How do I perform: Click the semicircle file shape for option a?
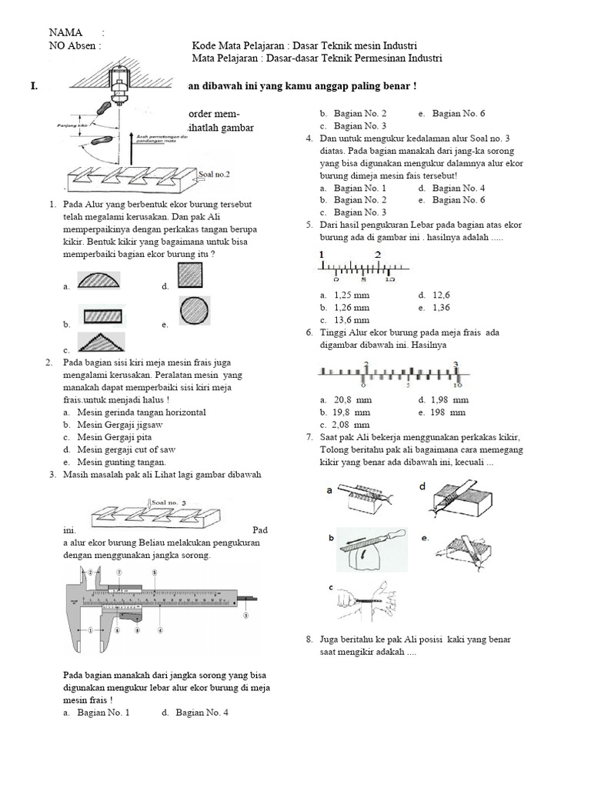tap(98, 279)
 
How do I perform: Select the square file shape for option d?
tap(190, 275)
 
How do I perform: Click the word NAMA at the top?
tap(66, 32)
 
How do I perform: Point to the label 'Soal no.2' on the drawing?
tap(215, 175)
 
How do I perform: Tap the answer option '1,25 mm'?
tap(352, 295)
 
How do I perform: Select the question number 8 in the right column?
tap(309, 639)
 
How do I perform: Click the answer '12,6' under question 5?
tap(442, 295)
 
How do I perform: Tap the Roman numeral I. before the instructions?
tap(34, 86)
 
